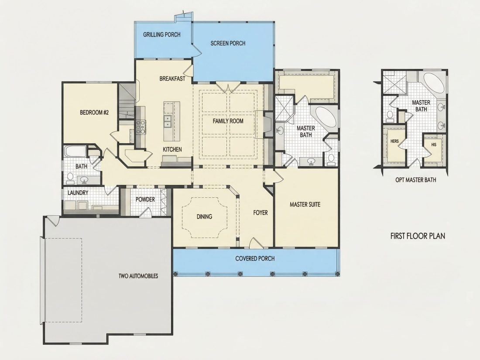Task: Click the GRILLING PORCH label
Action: coord(161,34)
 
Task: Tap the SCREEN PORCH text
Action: coord(228,44)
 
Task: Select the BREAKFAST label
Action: coord(172,79)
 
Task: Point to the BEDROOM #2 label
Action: coord(94,112)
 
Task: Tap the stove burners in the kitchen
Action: coord(141,127)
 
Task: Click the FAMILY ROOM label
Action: coord(228,121)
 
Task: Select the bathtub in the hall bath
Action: coord(75,151)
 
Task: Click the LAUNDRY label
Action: coord(78,193)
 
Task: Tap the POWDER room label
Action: coord(145,199)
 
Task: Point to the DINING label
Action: coord(204,217)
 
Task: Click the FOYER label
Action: coord(261,213)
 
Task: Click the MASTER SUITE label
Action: coord(305,204)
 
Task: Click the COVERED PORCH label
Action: coord(255,259)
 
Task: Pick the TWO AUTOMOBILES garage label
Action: coord(138,276)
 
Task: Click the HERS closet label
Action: coord(394,141)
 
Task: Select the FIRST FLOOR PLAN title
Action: coord(418,236)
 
